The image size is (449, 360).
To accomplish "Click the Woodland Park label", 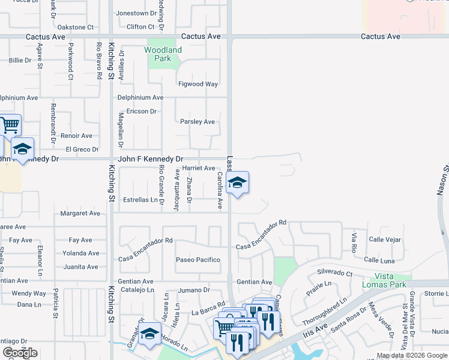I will coord(163,54).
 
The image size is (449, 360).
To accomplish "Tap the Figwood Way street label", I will coord(198,84).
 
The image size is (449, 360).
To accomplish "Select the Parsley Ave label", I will coord(197,122).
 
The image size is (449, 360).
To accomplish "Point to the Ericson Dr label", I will coord(141,111).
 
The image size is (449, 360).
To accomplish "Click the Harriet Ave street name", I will coord(198,169).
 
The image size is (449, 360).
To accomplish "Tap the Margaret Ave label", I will coord(80,213).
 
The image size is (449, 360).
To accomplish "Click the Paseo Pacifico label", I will coord(198,260).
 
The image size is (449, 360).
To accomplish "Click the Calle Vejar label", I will coord(385,239).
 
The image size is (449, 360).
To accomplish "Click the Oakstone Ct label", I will coord(76,27).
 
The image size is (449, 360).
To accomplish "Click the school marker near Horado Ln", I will coord(149,335).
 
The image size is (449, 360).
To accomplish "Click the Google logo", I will coord(19,353).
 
